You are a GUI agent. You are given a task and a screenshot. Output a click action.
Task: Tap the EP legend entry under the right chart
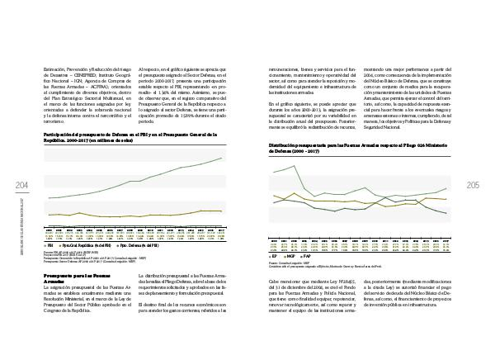273,256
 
